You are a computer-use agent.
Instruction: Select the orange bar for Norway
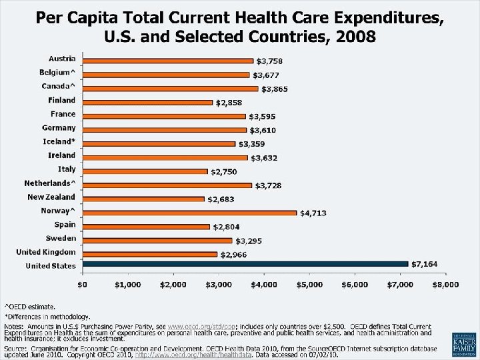click(189, 213)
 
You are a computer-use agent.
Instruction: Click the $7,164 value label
click(425, 265)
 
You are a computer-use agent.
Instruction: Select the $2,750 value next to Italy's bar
click(224, 172)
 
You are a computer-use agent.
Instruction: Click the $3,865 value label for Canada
click(275, 89)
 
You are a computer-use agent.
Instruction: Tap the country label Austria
click(62, 59)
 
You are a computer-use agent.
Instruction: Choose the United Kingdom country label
click(46, 252)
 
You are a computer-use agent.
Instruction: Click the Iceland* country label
click(59, 141)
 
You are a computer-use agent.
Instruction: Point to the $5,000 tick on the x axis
click(309, 285)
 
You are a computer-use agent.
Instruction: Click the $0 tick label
click(83, 285)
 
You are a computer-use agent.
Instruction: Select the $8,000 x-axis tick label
click(445, 285)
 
